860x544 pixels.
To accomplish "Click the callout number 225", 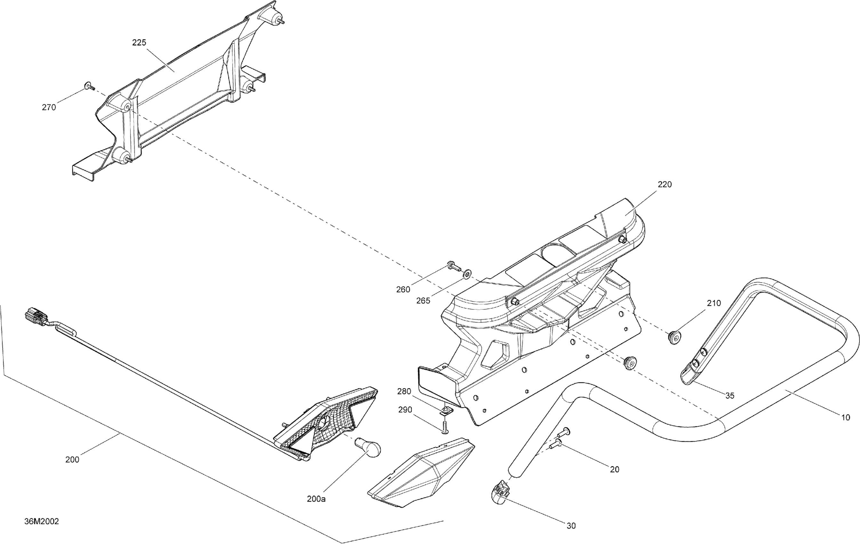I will [x=139, y=43].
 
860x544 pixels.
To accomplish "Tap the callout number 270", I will [x=49, y=107].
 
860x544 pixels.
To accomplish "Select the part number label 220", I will [x=664, y=184].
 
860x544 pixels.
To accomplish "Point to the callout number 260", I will [x=403, y=290].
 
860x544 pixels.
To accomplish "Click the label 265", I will [x=423, y=301].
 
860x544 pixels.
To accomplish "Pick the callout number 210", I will [x=713, y=303].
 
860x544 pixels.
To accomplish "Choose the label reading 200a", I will [x=316, y=499].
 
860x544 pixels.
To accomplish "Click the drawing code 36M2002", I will [x=41, y=521].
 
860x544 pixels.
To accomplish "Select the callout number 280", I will [x=404, y=391].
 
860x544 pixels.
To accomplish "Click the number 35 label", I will [x=730, y=396].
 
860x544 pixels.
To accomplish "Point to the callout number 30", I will [x=571, y=525].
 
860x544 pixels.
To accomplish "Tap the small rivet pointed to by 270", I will [x=89, y=86].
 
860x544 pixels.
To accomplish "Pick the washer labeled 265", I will [x=466, y=275].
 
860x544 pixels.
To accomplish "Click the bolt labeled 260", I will [x=453, y=266].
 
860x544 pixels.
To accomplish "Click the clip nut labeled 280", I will [x=446, y=412].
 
